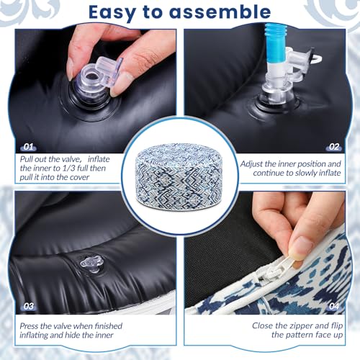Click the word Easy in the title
click(112, 12)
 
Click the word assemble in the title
click(220, 12)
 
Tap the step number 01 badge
click(28, 147)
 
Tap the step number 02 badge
click(334, 147)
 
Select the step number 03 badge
click(28, 306)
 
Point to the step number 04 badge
click(334, 306)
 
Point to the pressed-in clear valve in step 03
click(92, 264)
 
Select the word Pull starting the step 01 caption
click(27, 159)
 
